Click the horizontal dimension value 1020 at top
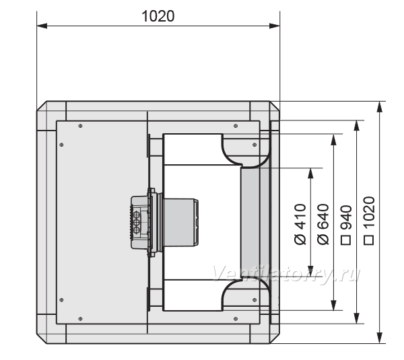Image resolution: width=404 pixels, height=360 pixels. [158, 16]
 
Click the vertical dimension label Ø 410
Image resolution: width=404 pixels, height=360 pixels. [300, 224]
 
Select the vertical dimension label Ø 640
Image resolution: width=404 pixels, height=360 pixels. [323, 224]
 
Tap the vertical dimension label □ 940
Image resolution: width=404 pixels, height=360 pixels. [346, 225]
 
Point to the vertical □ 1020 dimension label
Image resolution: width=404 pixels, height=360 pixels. [369, 221]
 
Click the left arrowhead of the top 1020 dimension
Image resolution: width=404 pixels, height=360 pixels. [42, 26]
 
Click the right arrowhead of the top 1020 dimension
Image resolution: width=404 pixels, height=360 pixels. [275, 26]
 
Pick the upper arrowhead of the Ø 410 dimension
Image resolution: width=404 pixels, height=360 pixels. [310, 174]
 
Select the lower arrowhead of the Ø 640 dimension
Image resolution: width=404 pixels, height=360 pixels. [334, 305]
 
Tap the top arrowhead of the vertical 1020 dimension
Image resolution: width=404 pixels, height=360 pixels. [380, 107]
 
